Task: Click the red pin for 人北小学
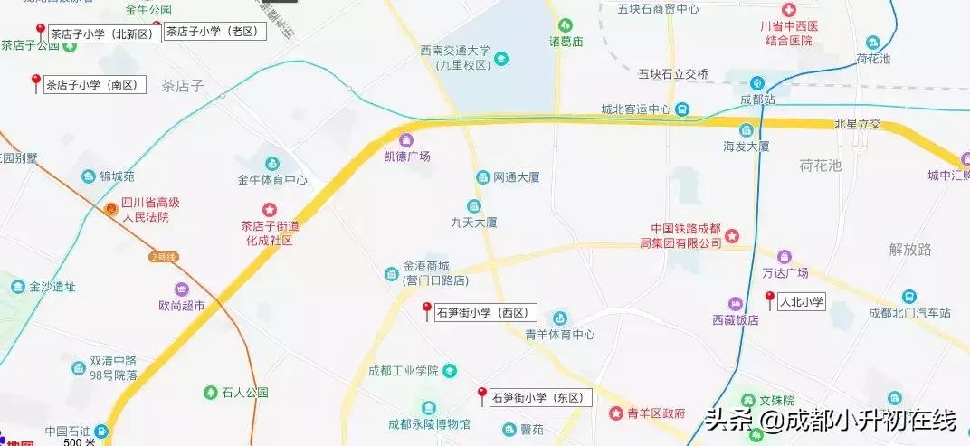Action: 769,299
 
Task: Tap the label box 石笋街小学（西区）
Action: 486,314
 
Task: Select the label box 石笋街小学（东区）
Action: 540,398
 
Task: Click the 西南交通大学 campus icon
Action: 501,59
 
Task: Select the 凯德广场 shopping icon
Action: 406,140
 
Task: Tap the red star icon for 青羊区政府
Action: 616,413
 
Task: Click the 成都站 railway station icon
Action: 757,83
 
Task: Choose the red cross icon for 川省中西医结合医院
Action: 789,11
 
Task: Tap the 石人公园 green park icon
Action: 210,394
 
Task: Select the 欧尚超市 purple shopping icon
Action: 182,290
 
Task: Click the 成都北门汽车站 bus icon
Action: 908,298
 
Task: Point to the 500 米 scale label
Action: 80,441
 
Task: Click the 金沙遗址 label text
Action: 52,288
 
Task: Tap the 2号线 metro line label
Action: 165,257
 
